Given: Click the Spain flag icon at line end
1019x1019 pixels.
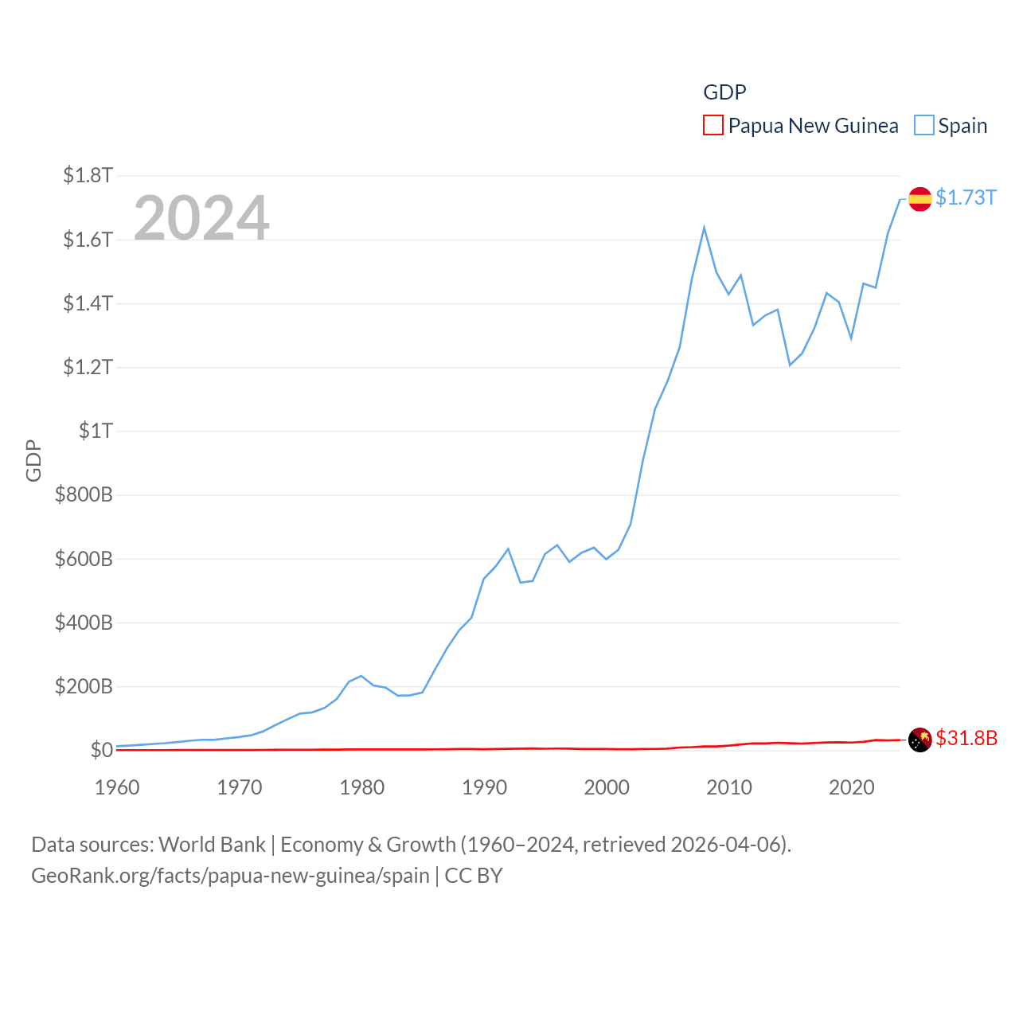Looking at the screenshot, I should pos(919,198).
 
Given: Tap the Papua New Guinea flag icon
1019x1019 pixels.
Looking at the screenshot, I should pos(919,740).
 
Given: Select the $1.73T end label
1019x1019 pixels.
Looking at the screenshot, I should pos(966,197).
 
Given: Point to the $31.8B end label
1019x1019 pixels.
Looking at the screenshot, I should pos(966,738).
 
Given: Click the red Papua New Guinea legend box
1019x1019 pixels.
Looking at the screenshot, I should pos(713,126).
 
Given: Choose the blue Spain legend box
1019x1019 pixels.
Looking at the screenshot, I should pos(923,126).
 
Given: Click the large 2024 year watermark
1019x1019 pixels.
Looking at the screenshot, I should pos(201,217).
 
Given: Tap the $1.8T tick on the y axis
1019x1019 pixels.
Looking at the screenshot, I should pos(88,175).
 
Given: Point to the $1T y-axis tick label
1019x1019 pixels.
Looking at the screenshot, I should pos(96,431).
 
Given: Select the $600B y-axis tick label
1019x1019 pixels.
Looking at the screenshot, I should pos(84,559).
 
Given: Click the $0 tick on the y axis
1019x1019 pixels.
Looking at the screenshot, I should pos(101,750).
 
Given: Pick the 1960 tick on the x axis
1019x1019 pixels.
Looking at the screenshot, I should pos(117,787).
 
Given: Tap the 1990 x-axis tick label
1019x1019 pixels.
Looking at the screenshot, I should pos(484,787).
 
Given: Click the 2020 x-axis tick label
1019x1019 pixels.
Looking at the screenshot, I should pos(851,787).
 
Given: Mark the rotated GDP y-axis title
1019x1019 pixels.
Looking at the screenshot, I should pos(33,460).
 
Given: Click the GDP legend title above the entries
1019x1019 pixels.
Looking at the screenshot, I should pos(724,92).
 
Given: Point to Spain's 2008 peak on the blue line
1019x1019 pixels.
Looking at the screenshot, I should pos(705,228).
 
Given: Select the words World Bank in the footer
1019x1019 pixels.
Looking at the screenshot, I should pos(213,845).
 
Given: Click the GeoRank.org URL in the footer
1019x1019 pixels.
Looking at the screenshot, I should pos(230,876).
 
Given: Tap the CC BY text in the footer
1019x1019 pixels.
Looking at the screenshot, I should pos(474,876).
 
